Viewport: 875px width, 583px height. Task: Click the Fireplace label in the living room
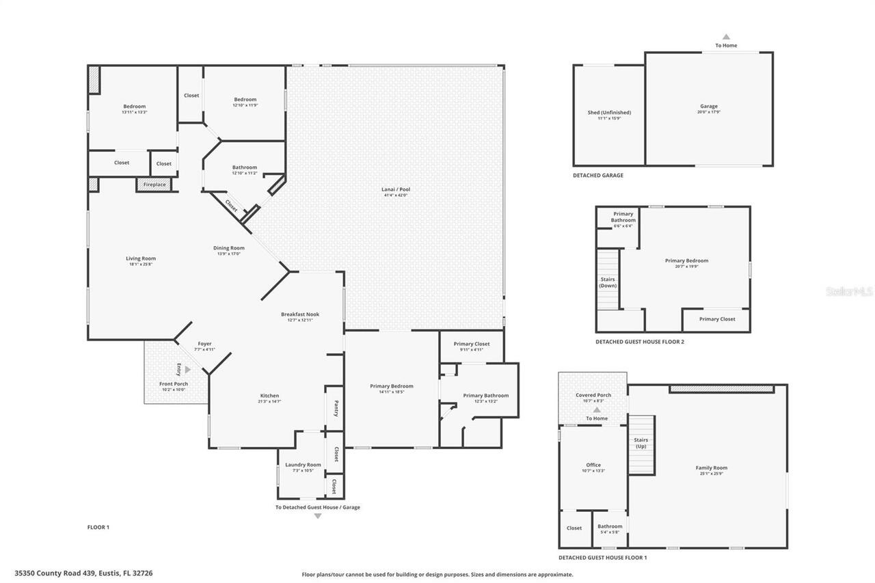tap(154, 185)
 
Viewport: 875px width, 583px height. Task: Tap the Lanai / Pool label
tap(396, 189)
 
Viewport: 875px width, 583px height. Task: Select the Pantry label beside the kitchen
tap(336, 408)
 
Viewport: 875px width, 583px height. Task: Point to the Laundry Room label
tap(303, 465)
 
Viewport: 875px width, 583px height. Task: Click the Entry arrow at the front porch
tap(188, 369)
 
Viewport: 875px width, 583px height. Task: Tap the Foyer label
tap(205, 344)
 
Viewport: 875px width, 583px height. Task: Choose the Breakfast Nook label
tap(300, 314)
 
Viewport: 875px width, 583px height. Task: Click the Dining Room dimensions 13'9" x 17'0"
tap(228, 254)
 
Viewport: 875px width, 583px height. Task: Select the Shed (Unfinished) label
tap(609, 113)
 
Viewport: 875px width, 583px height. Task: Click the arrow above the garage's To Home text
tap(726, 37)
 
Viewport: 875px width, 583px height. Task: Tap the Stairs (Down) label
tap(608, 282)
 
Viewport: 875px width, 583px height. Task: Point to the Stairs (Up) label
tap(641, 443)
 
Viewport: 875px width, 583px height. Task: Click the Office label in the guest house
tap(593, 465)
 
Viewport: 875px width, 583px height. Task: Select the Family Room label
tap(711, 468)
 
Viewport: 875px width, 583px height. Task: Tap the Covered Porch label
tap(593, 395)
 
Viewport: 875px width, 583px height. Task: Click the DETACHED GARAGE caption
tap(597, 176)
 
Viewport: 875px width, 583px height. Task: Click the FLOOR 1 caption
tap(98, 527)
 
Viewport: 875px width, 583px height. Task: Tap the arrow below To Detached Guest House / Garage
tap(317, 516)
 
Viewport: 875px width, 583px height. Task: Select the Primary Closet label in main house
tap(472, 344)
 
